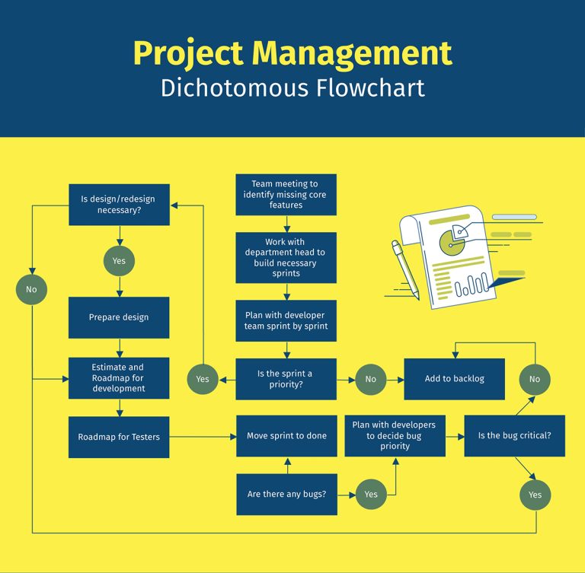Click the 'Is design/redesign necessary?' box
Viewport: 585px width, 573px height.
[119, 205]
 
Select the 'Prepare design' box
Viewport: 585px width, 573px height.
[119, 317]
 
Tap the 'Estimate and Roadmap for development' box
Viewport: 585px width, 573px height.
[119, 378]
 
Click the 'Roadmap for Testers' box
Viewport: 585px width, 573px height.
[119, 437]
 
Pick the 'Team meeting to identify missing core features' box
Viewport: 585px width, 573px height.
[286, 195]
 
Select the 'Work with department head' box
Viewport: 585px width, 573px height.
[286, 257]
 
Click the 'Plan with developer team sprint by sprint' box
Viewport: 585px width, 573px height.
[286, 320]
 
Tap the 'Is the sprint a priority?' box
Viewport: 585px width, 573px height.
[286, 379]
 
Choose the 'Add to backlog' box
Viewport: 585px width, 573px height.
[454, 379]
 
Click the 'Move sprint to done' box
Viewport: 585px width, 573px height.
[286, 436]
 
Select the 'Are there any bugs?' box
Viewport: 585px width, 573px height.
[286, 494]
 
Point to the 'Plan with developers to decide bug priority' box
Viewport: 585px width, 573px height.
[395, 436]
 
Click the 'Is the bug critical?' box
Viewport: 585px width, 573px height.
[514, 436]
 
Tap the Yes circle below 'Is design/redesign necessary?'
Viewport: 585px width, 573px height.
[119, 261]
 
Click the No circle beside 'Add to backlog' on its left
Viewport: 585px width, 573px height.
[370, 379]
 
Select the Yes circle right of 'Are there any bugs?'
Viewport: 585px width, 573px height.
[370, 494]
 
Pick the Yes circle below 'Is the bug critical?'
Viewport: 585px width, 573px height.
[535, 495]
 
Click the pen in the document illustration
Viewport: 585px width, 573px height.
[405, 269]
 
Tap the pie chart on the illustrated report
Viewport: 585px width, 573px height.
[455, 239]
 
